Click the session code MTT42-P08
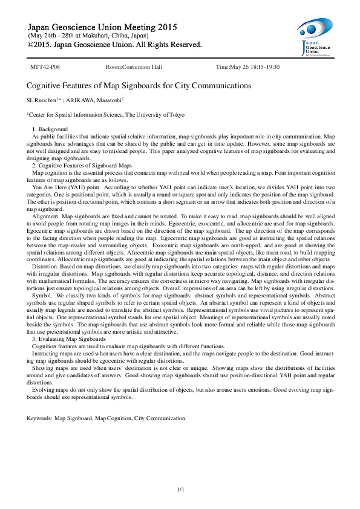click(x=45, y=66)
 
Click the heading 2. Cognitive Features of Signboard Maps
click(x=82, y=165)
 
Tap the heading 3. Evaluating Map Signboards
click(x=69, y=339)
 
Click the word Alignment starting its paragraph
click(x=45, y=216)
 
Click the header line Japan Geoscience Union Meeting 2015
click(x=103, y=27)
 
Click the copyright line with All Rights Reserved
click(x=115, y=45)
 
